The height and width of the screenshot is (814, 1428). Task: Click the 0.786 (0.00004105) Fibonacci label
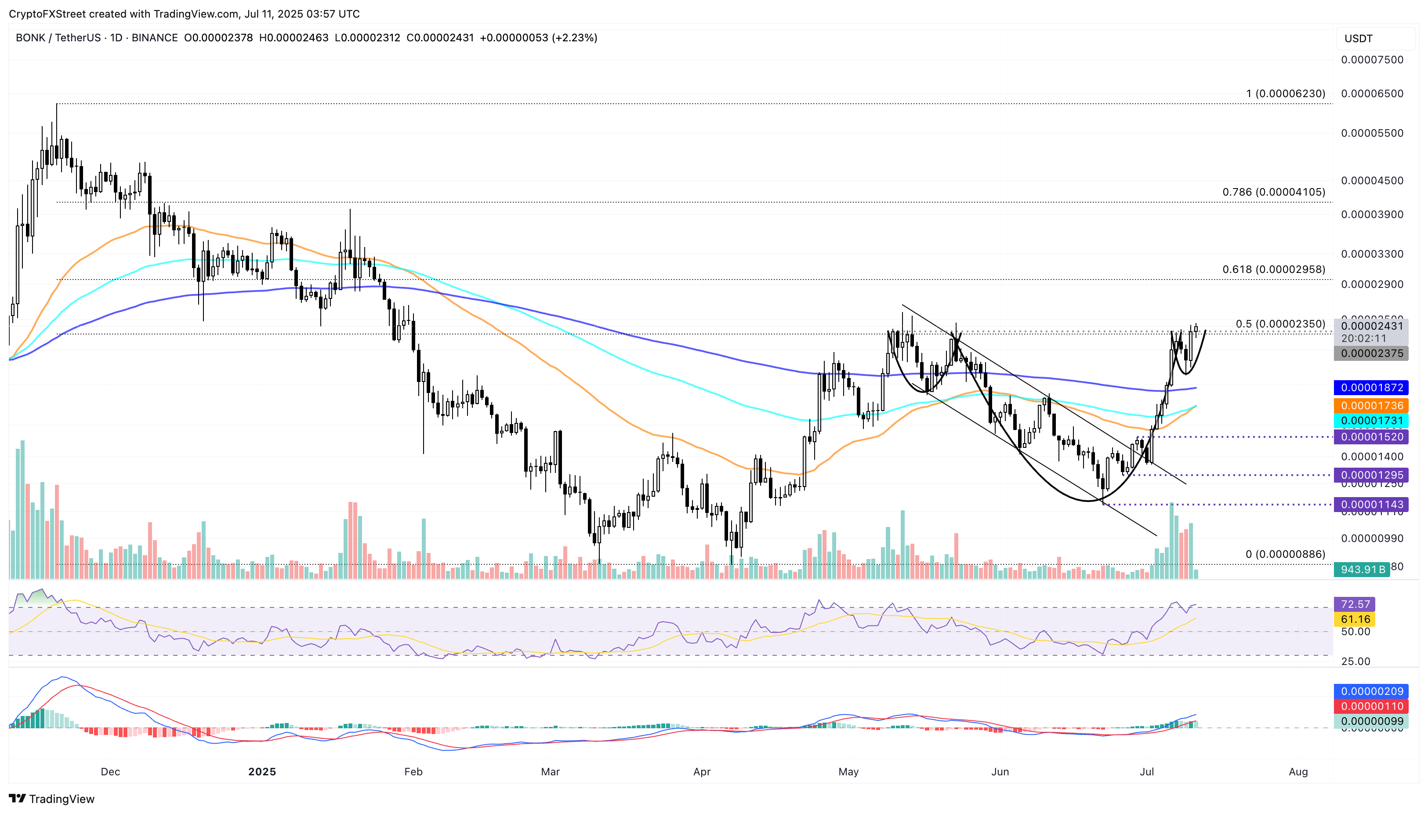click(1273, 193)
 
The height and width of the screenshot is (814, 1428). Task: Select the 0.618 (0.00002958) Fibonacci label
click(1273, 269)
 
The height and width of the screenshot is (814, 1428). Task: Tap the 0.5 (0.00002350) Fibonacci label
click(1280, 324)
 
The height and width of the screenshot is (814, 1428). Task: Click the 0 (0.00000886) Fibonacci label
click(1285, 554)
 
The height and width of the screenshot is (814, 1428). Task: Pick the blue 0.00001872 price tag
click(1372, 387)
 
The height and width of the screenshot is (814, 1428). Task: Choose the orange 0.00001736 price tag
click(1372, 405)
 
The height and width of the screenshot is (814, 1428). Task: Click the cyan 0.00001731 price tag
click(1372, 421)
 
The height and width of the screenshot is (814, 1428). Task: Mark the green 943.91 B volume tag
click(1362, 569)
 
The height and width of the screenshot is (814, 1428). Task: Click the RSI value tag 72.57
click(1355, 604)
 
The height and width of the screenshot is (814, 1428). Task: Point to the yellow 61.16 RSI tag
click(1355, 619)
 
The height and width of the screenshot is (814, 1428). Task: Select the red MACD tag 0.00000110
click(1372, 706)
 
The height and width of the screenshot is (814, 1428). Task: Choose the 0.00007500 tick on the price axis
click(1372, 60)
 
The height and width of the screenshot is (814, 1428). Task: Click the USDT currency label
click(1358, 39)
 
